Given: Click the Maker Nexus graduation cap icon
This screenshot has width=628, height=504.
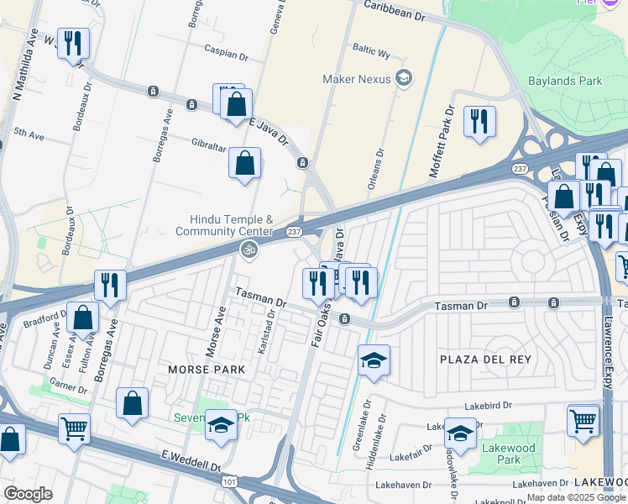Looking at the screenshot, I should (405, 79).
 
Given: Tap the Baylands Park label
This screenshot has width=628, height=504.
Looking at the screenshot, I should (565, 81).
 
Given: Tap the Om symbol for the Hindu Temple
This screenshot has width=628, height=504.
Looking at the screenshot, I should (248, 249).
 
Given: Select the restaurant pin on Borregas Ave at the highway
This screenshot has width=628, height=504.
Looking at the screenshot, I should (110, 285).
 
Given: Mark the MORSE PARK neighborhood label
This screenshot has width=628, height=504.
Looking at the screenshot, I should (206, 370).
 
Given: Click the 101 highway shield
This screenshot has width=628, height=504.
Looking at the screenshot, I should (229, 481).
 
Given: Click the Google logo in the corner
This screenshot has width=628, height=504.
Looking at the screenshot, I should (28, 494).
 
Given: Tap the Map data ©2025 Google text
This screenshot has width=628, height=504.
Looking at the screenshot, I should (574, 497).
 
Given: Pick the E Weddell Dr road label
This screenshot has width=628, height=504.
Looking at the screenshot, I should (191, 461).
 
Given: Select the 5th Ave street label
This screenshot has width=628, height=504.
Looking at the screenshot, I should (29, 133).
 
